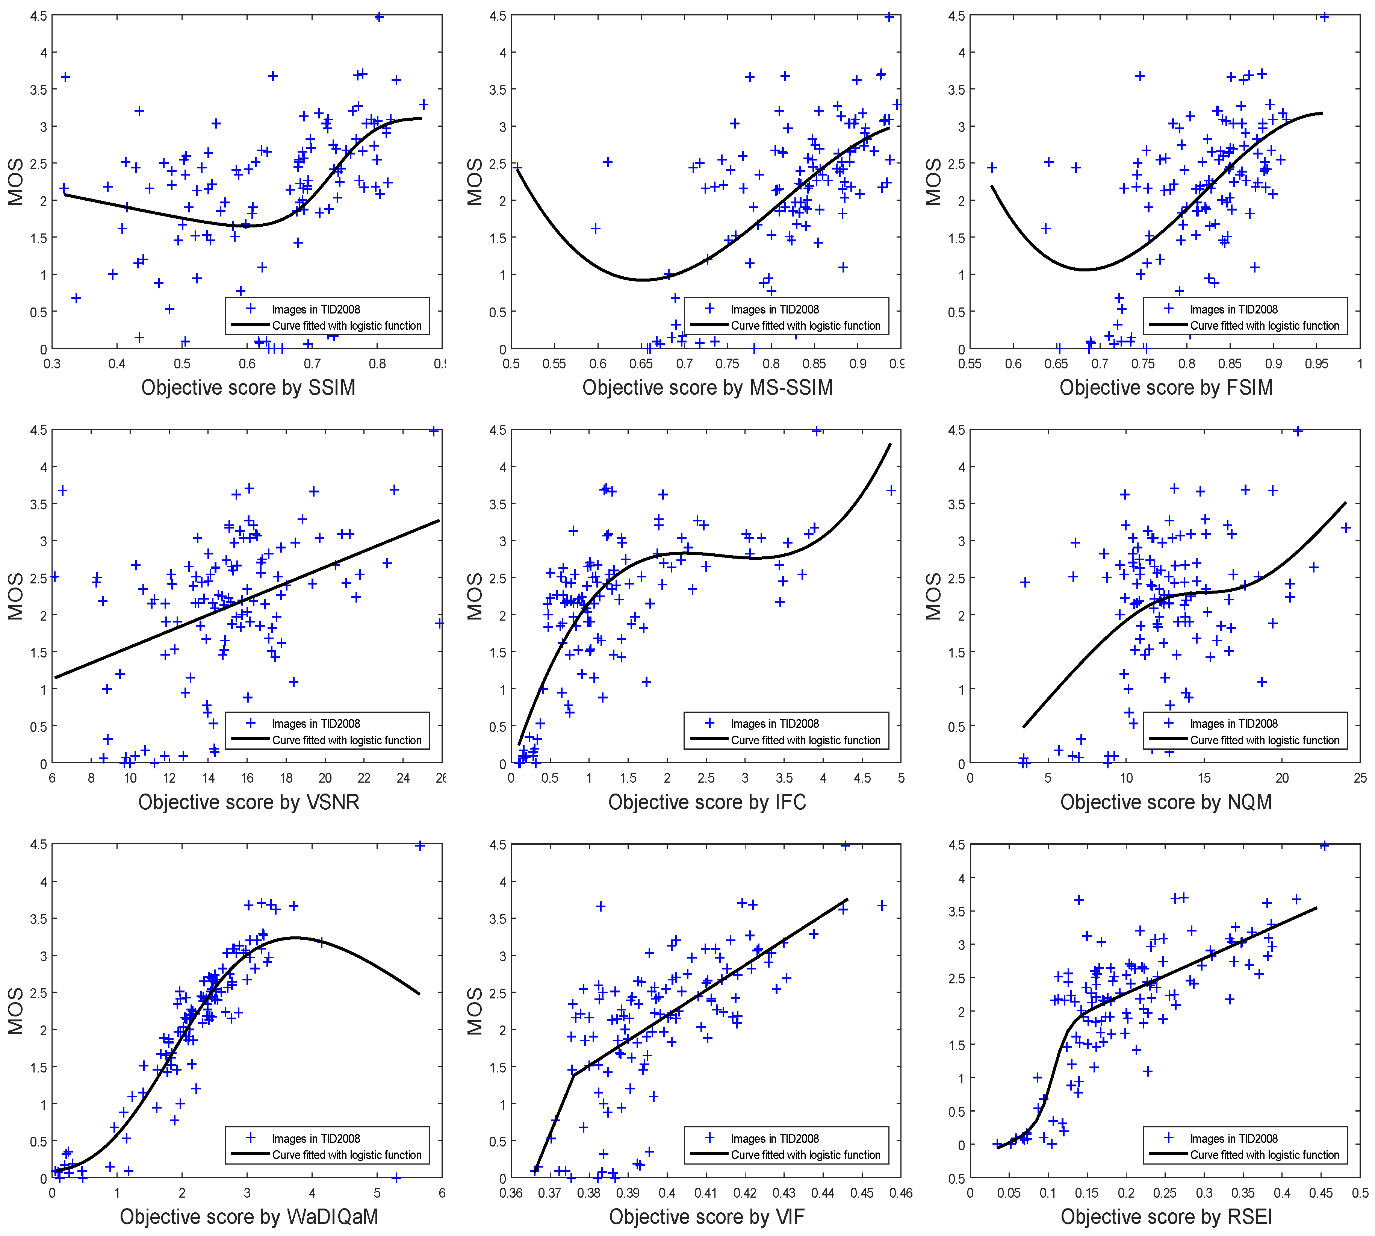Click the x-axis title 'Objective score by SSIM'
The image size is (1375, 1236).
click(248, 388)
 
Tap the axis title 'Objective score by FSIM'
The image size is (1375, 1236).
click(1166, 388)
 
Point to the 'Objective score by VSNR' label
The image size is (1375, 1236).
click(248, 802)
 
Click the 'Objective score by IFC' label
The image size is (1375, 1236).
click(707, 802)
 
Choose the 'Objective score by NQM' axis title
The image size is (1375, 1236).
click(1166, 802)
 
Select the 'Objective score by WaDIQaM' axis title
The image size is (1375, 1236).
click(248, 1216)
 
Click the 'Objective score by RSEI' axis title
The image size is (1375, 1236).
click(1166, 1216)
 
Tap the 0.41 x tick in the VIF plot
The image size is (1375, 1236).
click(706, 1193)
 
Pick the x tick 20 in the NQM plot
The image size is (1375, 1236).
click(1282, 778)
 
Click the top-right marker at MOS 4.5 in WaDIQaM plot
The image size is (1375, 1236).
click(420, 845)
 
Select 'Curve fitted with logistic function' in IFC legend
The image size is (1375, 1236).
click(805, 740)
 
